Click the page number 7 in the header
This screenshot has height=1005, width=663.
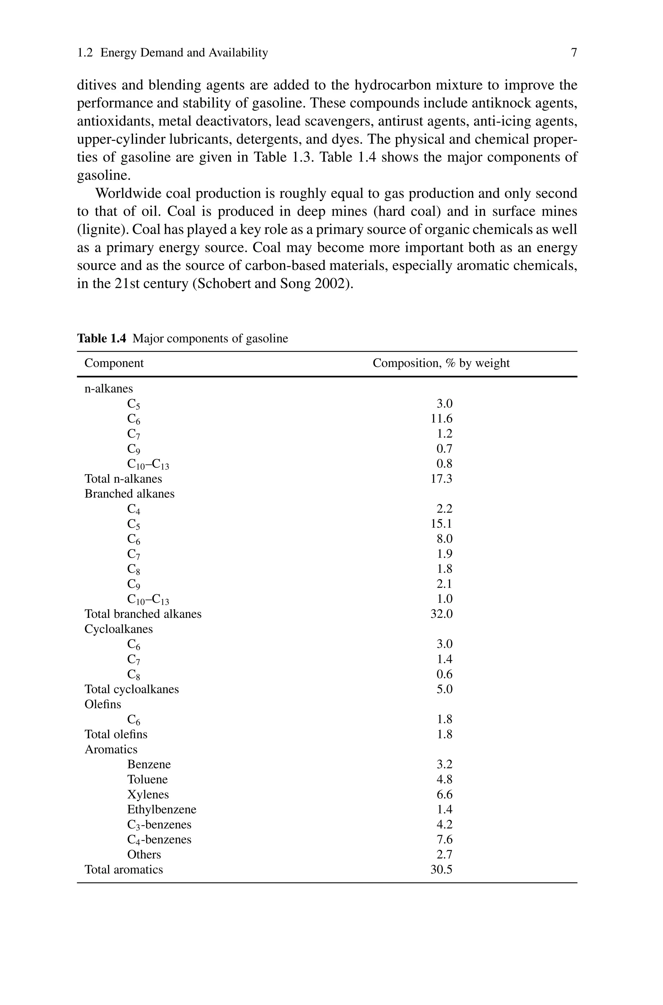point(573,53)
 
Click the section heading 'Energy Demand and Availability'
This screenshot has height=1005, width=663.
point(184,53)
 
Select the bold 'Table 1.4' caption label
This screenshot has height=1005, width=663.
point(101,339)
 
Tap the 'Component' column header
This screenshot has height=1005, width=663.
point(114,363)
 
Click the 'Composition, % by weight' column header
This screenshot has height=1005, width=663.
point(441,363)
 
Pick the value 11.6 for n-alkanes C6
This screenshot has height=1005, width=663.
point(442,419)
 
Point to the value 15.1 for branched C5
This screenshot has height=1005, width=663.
point(442,524)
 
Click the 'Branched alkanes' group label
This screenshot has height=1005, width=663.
point(129,494)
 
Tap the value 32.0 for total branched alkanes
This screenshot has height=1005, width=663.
point(442,614)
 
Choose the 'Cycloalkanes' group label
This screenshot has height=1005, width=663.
point(118,629)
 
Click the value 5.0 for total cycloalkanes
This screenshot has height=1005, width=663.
point(444,689)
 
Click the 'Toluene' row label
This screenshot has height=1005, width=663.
point(147,779)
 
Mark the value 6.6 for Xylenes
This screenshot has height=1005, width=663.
point(444,795)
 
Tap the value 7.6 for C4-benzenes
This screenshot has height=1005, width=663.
point(444,839)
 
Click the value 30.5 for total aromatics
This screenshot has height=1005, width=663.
point(442,869)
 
